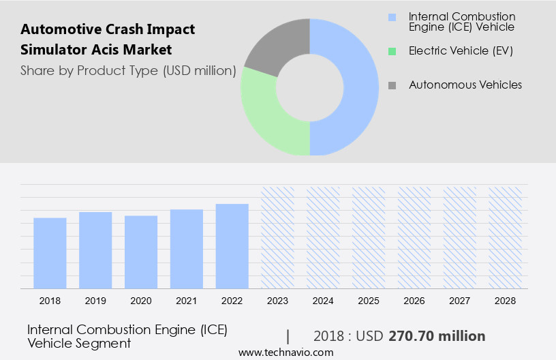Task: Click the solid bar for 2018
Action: point(50,253)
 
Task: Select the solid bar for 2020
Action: point(141,252)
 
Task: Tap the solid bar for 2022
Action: point(232,246)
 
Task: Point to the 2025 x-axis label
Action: point(369,301)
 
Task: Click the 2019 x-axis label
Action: point(95,301)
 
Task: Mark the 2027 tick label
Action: point(460,301)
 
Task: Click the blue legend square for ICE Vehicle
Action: point(392,16)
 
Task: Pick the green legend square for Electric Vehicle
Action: point(392,50)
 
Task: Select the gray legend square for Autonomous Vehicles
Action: point(392,85)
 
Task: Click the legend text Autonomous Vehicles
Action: point(465,85)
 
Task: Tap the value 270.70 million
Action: point(437,336)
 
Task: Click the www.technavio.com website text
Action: point(285,352)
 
